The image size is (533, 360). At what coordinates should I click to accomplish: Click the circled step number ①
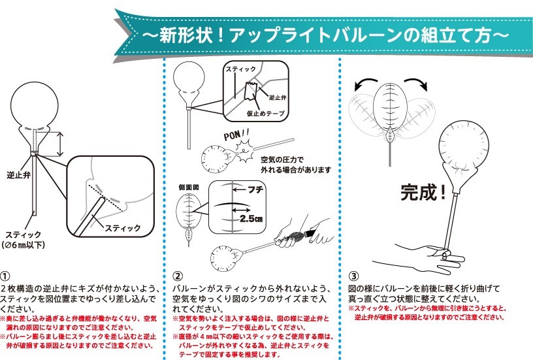[x=5, y=276]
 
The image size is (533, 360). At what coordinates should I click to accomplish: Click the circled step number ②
[x=178, y=276]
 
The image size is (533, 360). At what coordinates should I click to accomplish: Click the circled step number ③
[x=353, y=276]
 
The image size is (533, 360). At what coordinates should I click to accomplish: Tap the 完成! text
[x=423, y=192]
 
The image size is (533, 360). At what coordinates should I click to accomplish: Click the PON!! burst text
[x=236, y=135]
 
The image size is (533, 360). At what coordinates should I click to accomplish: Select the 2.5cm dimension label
[x=251, y=219]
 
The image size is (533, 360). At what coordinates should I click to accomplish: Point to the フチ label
[x=255, y=189]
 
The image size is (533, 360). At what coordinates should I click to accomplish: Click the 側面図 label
[x=189, y=188]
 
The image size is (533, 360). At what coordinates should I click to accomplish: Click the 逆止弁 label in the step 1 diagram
[x=19, y=175]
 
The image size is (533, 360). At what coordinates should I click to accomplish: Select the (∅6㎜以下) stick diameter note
[x=24, y=245]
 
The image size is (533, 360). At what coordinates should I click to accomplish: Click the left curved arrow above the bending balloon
[x=364, y=83]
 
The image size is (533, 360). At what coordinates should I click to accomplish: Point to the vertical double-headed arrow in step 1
[x=60, y=144]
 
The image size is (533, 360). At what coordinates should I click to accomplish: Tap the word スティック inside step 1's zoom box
[x=123, y=228]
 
